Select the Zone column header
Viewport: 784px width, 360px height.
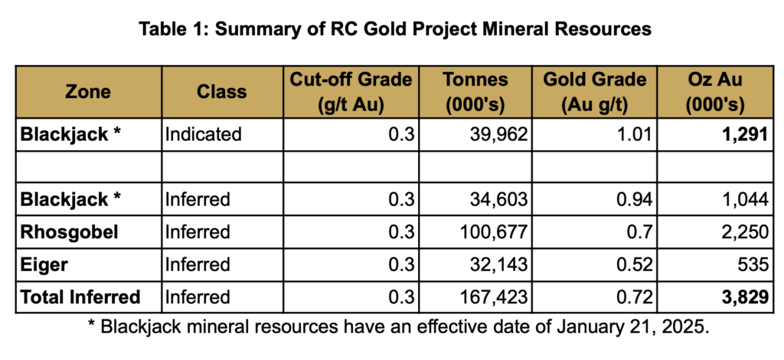tap(88, 92)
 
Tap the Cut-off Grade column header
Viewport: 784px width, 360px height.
tap(348, 92)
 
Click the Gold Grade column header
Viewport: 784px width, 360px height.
tap(595, 92)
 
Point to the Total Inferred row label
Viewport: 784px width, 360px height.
tap(81, 297)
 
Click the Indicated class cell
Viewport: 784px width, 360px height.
tap(203, 135)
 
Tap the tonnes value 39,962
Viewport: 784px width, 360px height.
tap(501, 135)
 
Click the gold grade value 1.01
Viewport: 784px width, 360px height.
tap(633, 135)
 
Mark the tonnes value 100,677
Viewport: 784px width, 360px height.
tap(495, 231)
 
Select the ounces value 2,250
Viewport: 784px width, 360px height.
tap(745, 231)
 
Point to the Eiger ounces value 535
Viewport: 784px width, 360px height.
tap(753, 264)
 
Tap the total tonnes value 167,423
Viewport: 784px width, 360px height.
tap(495, 297)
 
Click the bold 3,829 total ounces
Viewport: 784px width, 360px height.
tap(745, 297)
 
